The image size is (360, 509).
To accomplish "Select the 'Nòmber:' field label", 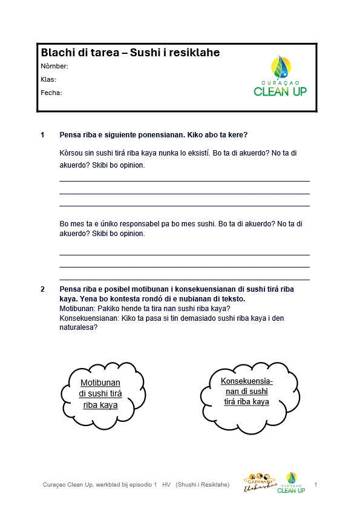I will (x=54, y=66).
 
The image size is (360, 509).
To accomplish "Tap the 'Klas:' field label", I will (x=48, y=79).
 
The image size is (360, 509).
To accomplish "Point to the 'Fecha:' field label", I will (x=51, y=93).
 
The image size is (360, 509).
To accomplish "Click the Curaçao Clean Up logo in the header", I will (x=280, y=76).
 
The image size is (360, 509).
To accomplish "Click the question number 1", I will (x=42, y=134).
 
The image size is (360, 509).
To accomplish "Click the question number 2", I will (x=42, y=289).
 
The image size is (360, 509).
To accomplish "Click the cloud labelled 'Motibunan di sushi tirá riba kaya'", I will (x=100, y=393).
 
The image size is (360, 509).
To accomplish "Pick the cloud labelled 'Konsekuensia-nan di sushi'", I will (x=246, y=391).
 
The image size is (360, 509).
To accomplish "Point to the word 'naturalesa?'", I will (x=79, y=327).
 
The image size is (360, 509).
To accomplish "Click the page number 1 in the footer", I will (x=316, y=484).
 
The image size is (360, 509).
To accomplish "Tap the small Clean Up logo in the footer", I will (x=291, y=482).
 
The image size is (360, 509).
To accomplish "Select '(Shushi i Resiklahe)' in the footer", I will (x=202, y=485).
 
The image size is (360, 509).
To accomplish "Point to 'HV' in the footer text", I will (x=166, y=485).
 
